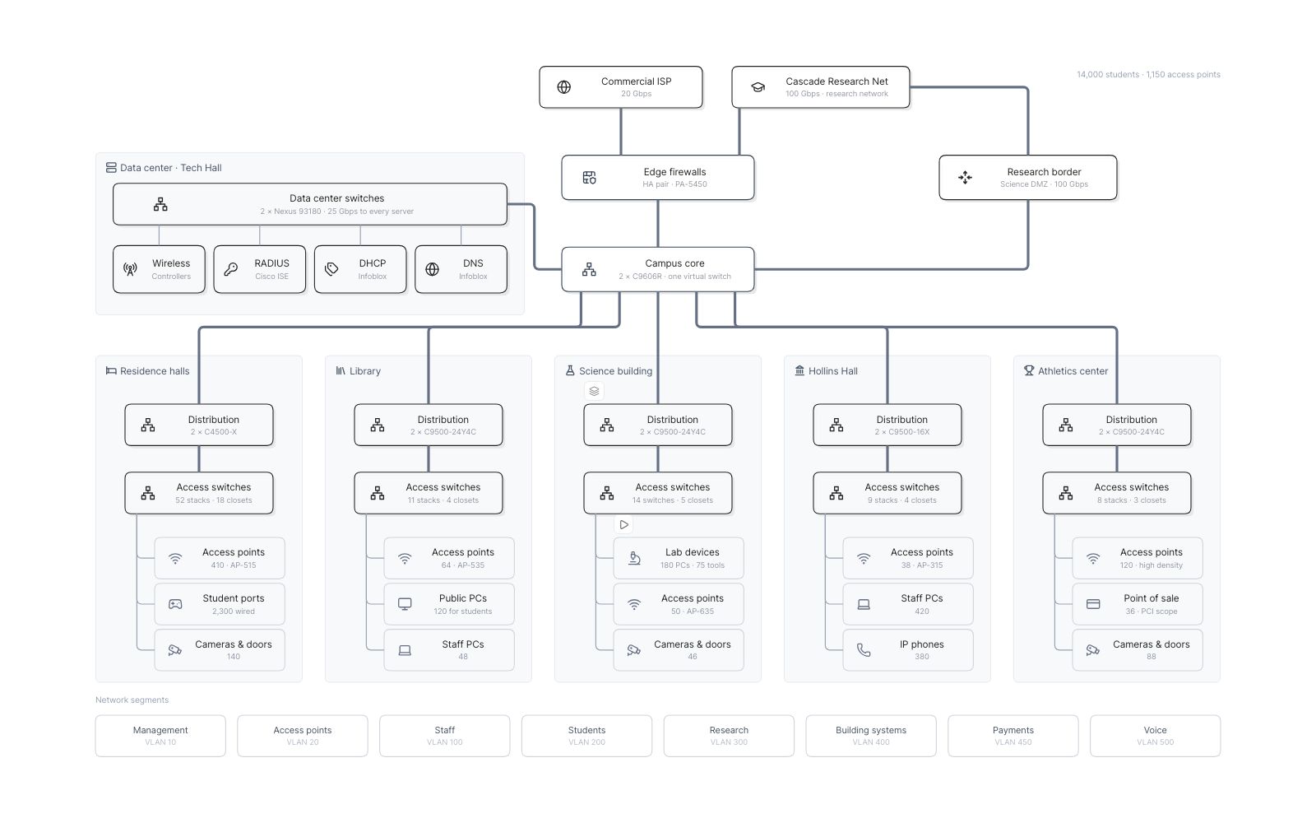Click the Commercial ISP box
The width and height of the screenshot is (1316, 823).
coord(620,87)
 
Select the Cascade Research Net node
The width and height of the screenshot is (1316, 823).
coord(820,87)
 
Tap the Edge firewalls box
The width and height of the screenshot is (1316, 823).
coord(657,178)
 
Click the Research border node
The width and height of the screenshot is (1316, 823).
coord(1027,178)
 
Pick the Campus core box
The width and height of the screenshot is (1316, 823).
coord(657,269)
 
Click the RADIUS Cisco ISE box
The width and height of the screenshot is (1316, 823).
coord(260,269)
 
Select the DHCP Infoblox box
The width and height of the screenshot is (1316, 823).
coord(360,269)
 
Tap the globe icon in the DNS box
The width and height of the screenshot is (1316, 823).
coord(432,269)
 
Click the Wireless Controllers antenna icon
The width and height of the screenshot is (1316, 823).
coord(130,269)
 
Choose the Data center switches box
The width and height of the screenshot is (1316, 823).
coord(309,204)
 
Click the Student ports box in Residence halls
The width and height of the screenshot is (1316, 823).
coord(220,604)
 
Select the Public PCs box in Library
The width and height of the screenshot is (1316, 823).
coord(449,604)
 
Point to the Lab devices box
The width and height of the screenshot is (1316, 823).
coord(679,558)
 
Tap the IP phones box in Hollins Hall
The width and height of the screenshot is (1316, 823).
coord(908,649)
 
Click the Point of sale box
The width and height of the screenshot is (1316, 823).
coord(1138,604)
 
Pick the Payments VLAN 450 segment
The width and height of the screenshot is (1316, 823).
coord(1012,736)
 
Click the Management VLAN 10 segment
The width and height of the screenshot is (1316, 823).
coord(160,736)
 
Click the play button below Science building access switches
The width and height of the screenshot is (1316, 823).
coord(623,524)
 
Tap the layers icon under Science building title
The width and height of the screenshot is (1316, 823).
coord(594,391)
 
